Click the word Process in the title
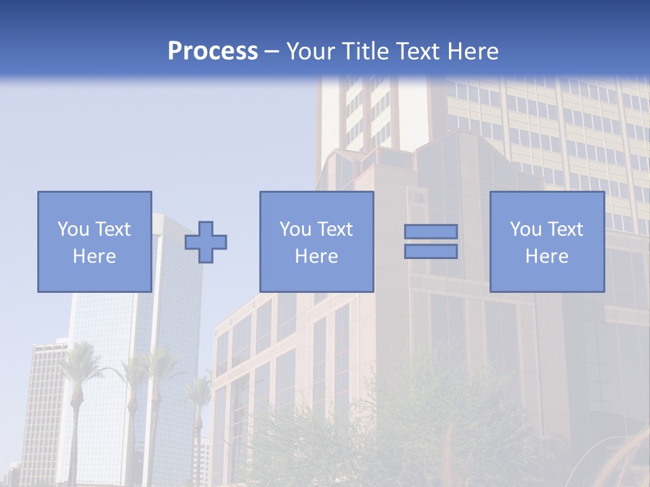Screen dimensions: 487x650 click(x=213, y=51)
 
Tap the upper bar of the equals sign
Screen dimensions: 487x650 click(x=431, y=231)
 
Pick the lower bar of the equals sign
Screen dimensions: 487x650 click(x=431, y=252)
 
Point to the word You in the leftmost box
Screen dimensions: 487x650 click(x=72, y=229)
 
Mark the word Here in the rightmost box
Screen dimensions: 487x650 click(x=546, y=256)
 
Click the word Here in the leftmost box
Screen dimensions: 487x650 click(x=94, y=256)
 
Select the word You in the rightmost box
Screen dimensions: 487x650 click(x=525, y=229)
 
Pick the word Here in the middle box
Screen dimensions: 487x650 click(x=316, y=256)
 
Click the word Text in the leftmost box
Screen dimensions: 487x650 click(x=112, y=229)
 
